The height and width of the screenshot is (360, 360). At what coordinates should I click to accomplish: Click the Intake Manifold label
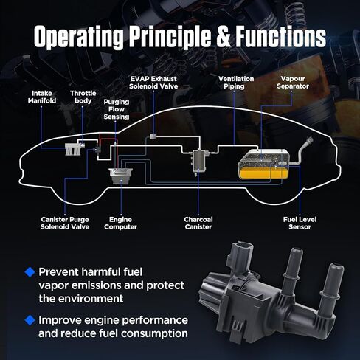pyautogui.click(x=42, y=97)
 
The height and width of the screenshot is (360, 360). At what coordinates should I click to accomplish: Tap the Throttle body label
pyautogui.click(x=83, y=97)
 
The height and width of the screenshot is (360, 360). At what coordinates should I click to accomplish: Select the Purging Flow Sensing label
pyautogui.click(x=117, y=109)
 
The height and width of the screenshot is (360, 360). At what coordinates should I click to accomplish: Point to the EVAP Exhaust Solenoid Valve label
pyautogui.click(x=153, y=83)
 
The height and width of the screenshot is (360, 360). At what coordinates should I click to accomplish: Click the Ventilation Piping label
pyautogui.click(x=236, y=83)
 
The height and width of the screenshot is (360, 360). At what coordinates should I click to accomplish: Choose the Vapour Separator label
pyautogui.click(x=293, y=83)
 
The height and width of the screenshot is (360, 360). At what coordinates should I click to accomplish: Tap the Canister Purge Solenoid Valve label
pyautogui.click(x=65, y=223)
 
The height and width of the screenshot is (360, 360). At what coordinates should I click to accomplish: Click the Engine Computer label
pyautogui.click(x=120, y=223)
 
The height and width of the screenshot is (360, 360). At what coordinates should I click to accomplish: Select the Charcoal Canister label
pyautogui.click(x=198, y=223)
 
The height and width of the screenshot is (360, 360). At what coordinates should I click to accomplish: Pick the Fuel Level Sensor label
pyautogui.click(x=300, y=223)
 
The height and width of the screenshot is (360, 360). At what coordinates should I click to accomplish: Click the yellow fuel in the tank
pyautogui.click(x=263, y=173)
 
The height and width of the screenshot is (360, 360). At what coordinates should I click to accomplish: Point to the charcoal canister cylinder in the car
pyautogui.click(x=199, y=161)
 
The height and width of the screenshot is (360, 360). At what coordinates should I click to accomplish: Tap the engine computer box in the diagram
pyautogui.click(x=121, y=176)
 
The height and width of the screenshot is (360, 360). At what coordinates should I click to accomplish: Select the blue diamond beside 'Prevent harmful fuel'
pyautogui.click(x=30, y=272)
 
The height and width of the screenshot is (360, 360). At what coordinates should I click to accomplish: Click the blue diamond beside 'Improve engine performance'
pyautogui.click(x=30, y=320)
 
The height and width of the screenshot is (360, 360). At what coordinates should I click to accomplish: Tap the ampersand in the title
pyautogui.click(x=224, y=36)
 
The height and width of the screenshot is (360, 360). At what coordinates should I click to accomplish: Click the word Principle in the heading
pyautogui.click(x=170, y=38)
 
